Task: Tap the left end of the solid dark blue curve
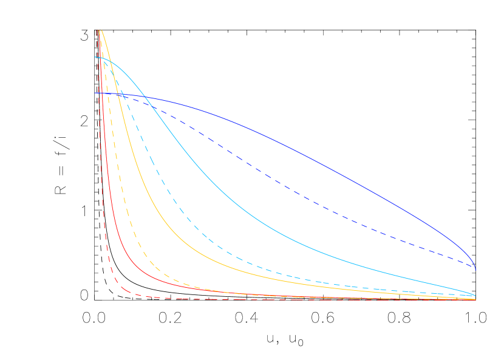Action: tap(95, 93)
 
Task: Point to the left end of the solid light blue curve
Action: tap(95, 57)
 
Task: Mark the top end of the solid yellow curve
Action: tap(101, 29)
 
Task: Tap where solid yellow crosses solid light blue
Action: tap(110, 61)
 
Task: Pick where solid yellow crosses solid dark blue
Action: tap(120, 93)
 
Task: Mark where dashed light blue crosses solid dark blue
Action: tap(124, 94)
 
